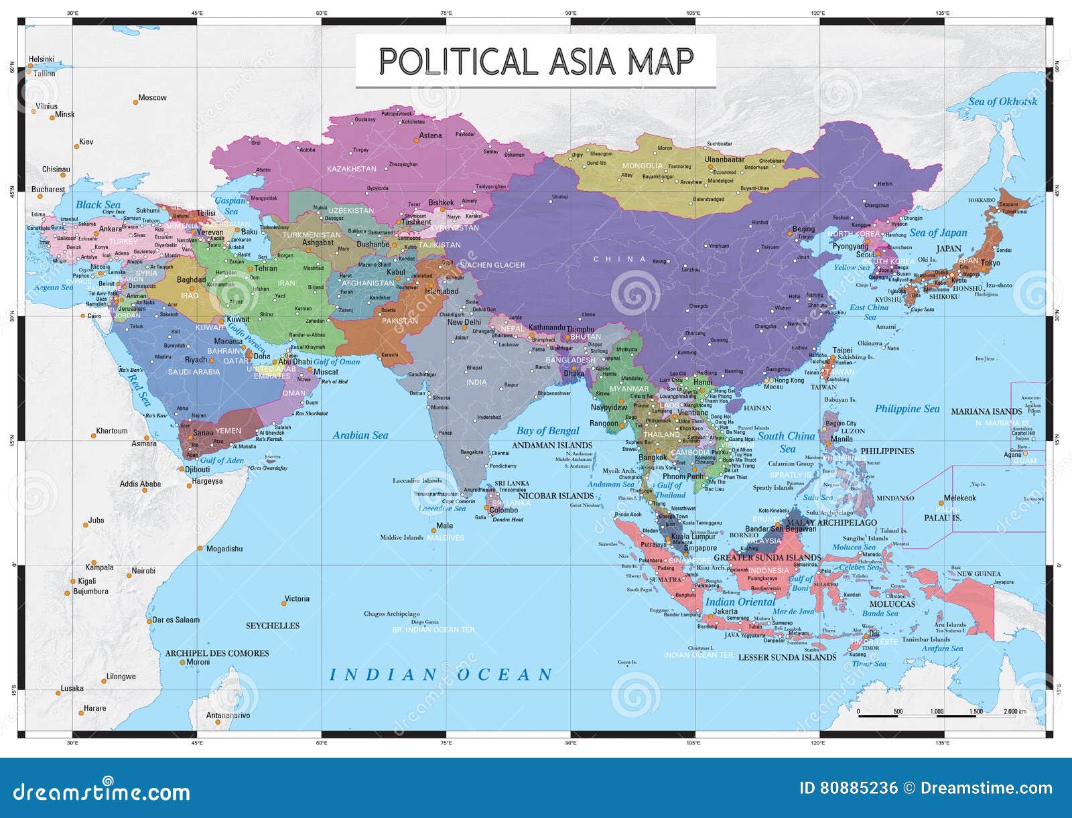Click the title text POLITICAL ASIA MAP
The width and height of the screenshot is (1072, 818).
(535, 61)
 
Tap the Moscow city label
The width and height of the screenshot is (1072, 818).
(152, 98)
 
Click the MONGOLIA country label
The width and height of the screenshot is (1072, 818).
(642, 165)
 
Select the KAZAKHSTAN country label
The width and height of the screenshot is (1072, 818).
(352, 169)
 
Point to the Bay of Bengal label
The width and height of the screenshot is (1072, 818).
(547, 431)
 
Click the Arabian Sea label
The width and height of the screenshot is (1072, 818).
(360, 435)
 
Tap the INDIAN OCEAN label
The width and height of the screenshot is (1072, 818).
(441, 674)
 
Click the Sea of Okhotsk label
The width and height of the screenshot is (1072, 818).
(1002, 102)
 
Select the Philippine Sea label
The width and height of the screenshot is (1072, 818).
(907, 409)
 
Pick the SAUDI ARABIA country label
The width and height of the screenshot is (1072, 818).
(194, 372)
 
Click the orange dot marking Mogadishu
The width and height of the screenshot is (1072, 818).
(200, 549)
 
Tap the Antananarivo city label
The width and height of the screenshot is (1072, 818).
(228, 715)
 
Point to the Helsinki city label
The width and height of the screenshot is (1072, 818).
(42, 60)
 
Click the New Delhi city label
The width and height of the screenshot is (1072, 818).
(464, 322)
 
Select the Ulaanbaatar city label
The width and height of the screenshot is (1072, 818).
(724, 160)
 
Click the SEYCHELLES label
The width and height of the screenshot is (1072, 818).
(273, 626)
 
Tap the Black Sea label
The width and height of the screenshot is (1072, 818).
(98, 205)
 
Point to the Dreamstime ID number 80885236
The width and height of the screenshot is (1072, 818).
(848, 788)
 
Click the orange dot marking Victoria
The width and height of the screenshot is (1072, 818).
(283, 604)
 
